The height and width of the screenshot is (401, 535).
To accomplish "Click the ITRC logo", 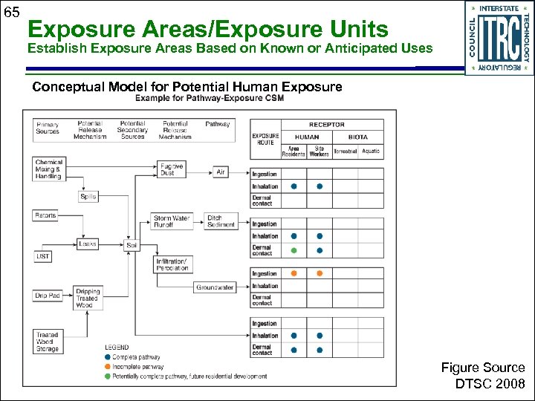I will (499, 37).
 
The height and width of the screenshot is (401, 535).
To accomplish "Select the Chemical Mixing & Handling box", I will (49, 169).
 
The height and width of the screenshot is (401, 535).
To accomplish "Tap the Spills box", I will (88, 197).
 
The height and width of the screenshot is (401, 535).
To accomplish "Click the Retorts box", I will (45, 215).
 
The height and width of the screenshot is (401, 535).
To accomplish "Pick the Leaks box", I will (88, 244).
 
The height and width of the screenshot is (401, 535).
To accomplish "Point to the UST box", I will (43, 256).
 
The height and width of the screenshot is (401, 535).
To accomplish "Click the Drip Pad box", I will (47, 296).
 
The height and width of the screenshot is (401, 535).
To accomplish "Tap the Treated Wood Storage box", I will (48, 342).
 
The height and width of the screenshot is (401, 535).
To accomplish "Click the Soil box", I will (132, 244).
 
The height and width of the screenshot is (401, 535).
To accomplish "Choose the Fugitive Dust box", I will (172, 169).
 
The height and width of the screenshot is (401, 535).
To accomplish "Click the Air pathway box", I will (221, 172).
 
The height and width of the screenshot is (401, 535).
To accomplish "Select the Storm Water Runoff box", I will (172, 221).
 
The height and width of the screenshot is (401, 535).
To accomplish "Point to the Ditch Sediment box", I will (221, 221).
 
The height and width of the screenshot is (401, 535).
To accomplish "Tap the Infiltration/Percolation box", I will (172, 264).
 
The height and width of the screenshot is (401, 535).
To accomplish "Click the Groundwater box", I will (215, 287).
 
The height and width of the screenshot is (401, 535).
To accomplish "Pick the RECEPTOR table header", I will (327, 125).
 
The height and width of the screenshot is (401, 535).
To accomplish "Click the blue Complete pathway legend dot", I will (108, 357).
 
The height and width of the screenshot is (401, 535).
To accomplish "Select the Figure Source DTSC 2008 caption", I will (483, 376).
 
